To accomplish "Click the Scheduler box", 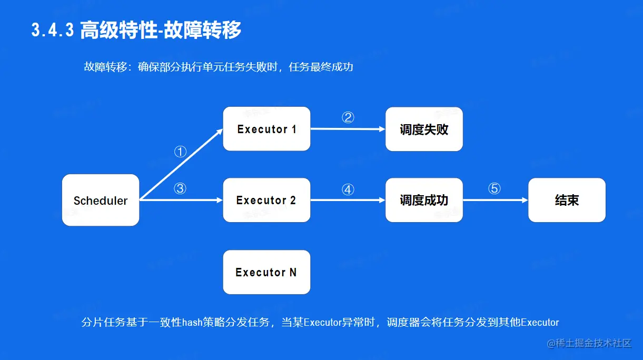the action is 101,200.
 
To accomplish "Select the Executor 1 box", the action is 266,129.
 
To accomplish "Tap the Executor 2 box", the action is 266,200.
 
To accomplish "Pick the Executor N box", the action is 266,272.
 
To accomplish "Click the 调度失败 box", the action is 424,129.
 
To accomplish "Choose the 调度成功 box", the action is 424,200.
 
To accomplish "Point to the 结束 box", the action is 567,200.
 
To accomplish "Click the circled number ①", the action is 180,152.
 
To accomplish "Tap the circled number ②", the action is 348,117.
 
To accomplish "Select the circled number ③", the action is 180,188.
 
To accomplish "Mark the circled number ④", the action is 348,189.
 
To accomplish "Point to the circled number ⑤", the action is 494,188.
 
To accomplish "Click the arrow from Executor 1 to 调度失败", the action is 348,129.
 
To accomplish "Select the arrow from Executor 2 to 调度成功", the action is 348,200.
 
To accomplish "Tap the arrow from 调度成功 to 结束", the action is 496,200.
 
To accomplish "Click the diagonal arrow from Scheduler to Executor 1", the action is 181,164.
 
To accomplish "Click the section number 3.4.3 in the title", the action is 53,30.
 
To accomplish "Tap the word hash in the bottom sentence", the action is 192,322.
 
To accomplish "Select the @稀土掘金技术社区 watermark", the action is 589,343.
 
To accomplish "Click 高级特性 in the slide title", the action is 119,30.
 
